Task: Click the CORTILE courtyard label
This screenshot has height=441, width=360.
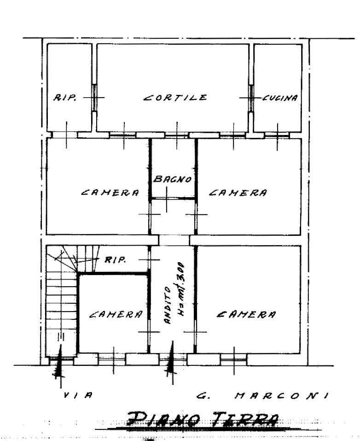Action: (x=175, y=97)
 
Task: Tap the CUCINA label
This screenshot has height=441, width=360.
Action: (x=280, y=98)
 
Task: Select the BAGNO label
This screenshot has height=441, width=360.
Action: (x=173, y=179)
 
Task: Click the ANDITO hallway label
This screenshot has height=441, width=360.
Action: (x=167, y=305)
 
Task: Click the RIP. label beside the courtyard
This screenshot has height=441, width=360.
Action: (x=64, y=98)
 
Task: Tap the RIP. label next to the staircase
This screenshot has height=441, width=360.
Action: (x=115, y=259)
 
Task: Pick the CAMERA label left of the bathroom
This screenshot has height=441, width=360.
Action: (x=110, y=192)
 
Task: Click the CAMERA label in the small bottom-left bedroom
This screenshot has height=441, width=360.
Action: (x=116, y=314)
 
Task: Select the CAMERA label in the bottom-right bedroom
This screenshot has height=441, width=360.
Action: (x=246, y=314)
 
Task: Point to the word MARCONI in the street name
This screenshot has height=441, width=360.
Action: (x=281, y=396)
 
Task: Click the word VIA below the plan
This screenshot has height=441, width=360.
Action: (x=77, y=395)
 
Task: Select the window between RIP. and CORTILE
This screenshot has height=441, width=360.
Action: (x=94, y=98)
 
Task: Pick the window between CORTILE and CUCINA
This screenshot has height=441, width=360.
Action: (x=251, y=98)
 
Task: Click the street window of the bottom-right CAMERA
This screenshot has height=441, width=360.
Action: (x=233, y=359)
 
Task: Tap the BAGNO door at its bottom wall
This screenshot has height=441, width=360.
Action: (x=173, y=199)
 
